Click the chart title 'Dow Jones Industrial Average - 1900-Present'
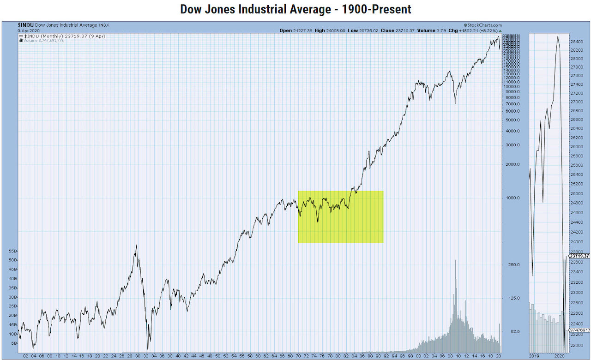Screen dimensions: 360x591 (295, 9)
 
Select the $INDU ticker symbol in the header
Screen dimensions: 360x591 (25, 25)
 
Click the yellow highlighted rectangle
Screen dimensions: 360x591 (340, 217)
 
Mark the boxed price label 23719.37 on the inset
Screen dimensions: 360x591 (579, 256)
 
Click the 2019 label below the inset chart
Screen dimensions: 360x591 (535, 356)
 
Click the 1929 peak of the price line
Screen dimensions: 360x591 (136, 246)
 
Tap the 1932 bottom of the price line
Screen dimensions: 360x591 (148, 349)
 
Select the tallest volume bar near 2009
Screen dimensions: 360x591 (456, 261)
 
